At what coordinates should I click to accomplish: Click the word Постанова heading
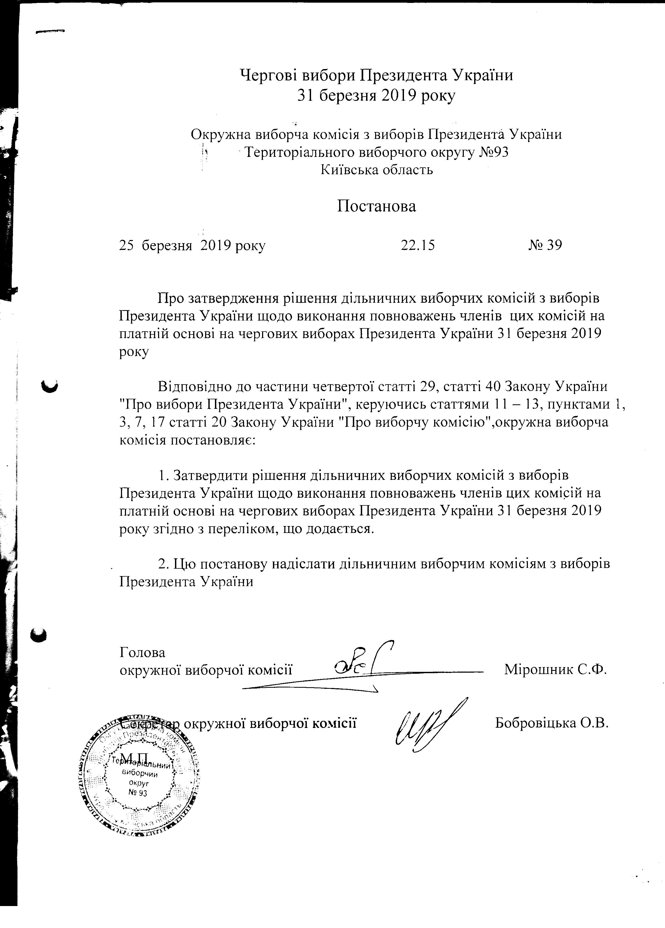pos(376,206)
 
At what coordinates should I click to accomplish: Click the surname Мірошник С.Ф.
pos(555,669)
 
